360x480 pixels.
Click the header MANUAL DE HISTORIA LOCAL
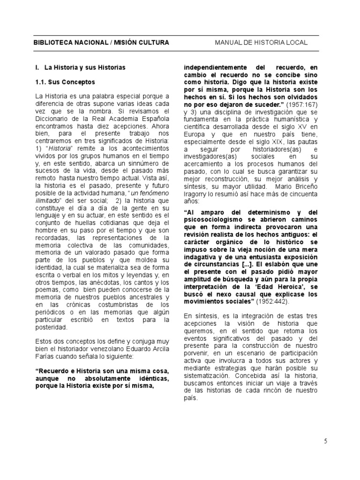tap(261, 43)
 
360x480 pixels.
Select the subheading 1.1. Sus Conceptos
tap(65, 82)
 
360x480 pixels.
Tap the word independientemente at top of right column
tap(213, 67)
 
